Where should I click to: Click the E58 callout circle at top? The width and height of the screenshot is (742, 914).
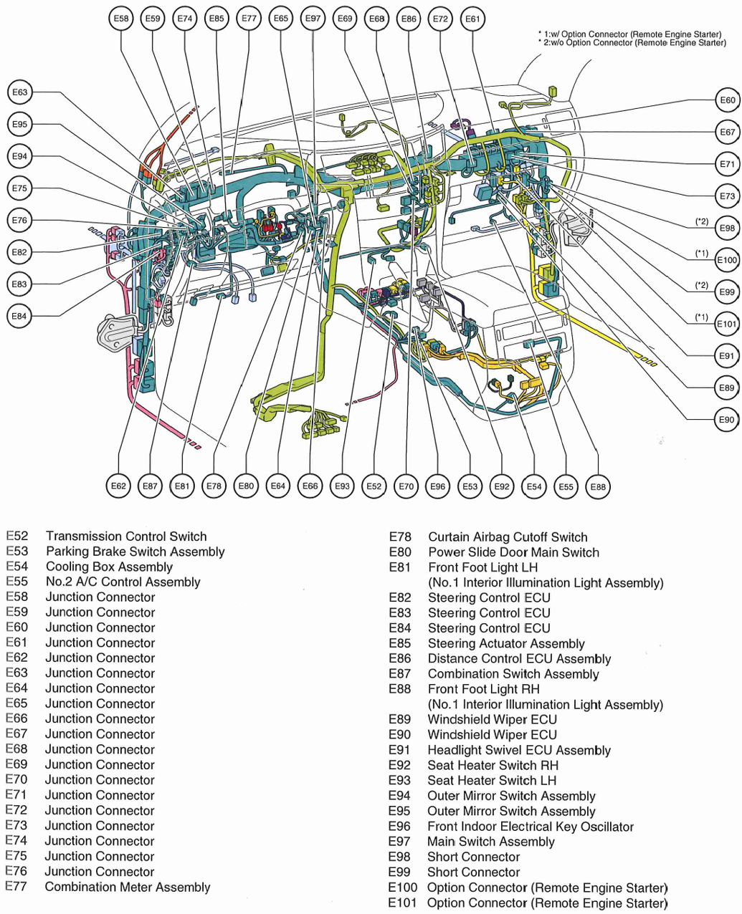(122, 19)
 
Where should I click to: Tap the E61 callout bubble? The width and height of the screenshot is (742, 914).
(472, 19)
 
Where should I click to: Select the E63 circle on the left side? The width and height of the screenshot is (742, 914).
(19, 92)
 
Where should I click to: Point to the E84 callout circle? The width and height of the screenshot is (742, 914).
(19, 316)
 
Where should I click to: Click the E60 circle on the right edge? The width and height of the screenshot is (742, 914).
(728, 100)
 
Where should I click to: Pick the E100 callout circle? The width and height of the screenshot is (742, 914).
(727, 260)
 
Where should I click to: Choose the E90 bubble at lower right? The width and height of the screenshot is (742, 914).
(727, 420)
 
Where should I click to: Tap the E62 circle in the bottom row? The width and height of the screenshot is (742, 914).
(118, 486)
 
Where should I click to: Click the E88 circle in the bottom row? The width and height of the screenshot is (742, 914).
(598, 487)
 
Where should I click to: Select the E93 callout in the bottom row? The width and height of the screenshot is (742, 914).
(343, 487)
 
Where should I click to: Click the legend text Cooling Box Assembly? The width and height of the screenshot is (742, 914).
(109, 567)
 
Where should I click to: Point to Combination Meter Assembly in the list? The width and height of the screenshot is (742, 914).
(128, 887)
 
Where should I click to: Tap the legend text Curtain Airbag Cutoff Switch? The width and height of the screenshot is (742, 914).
(508, 537)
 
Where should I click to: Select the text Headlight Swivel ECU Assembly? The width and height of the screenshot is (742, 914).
(519, 751)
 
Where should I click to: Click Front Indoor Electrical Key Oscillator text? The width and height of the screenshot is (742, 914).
(531, 827)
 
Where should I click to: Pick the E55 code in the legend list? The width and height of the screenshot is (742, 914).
(16, 582)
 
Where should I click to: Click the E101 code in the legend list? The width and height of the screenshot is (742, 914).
(402, 903)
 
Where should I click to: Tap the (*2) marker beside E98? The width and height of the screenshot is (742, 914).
(702, 221)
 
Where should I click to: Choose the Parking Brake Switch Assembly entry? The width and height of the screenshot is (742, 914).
(135, 552)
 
